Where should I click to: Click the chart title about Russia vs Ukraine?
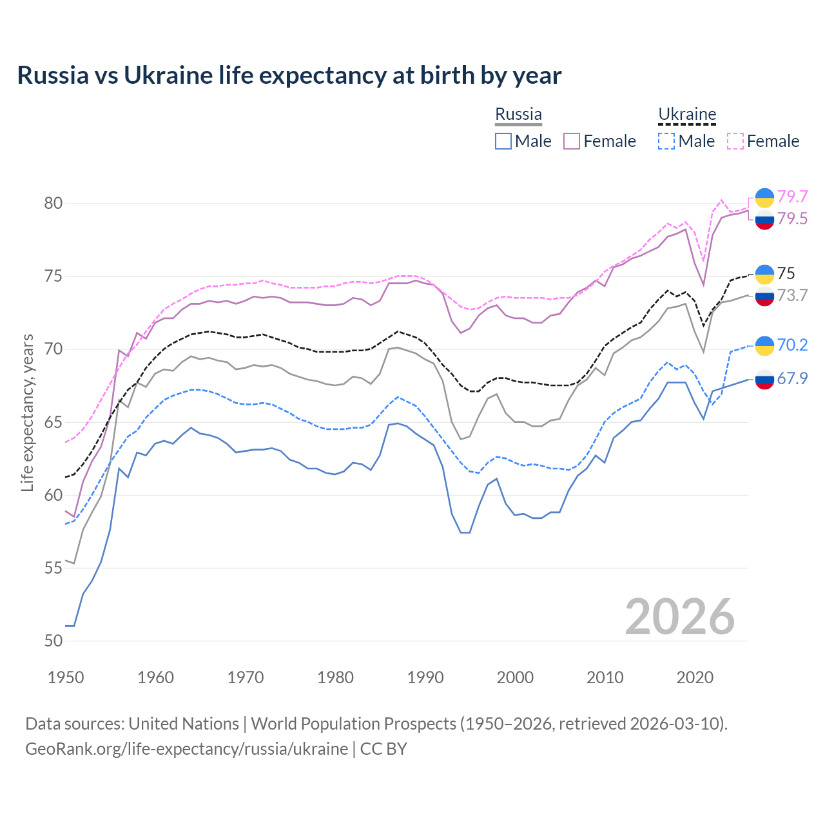coord(289,75)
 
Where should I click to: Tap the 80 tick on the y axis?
coord(53,204)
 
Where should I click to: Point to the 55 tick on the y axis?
coord(53,568)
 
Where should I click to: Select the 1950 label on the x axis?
coord(66,677)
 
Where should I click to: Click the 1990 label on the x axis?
coord(425,677)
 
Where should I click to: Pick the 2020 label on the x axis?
coord(695,677)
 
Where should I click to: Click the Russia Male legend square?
coord(503,141)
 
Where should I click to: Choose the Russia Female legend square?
coord(572,141)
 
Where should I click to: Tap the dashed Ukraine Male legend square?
coord(666,141)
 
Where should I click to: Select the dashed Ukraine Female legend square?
coord(735,141)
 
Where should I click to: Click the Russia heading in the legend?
coord(518,114)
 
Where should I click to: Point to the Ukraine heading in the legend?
coord(687,114)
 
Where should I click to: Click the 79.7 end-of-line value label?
coord(792,197)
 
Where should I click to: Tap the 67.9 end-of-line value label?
coord(792,378)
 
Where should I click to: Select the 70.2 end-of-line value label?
coord(792,345)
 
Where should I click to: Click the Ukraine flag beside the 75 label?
coord(764,274)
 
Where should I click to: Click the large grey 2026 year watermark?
coord(680,617)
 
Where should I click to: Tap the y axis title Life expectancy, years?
coord(28,412)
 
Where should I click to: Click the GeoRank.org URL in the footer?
coord(187,749)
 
